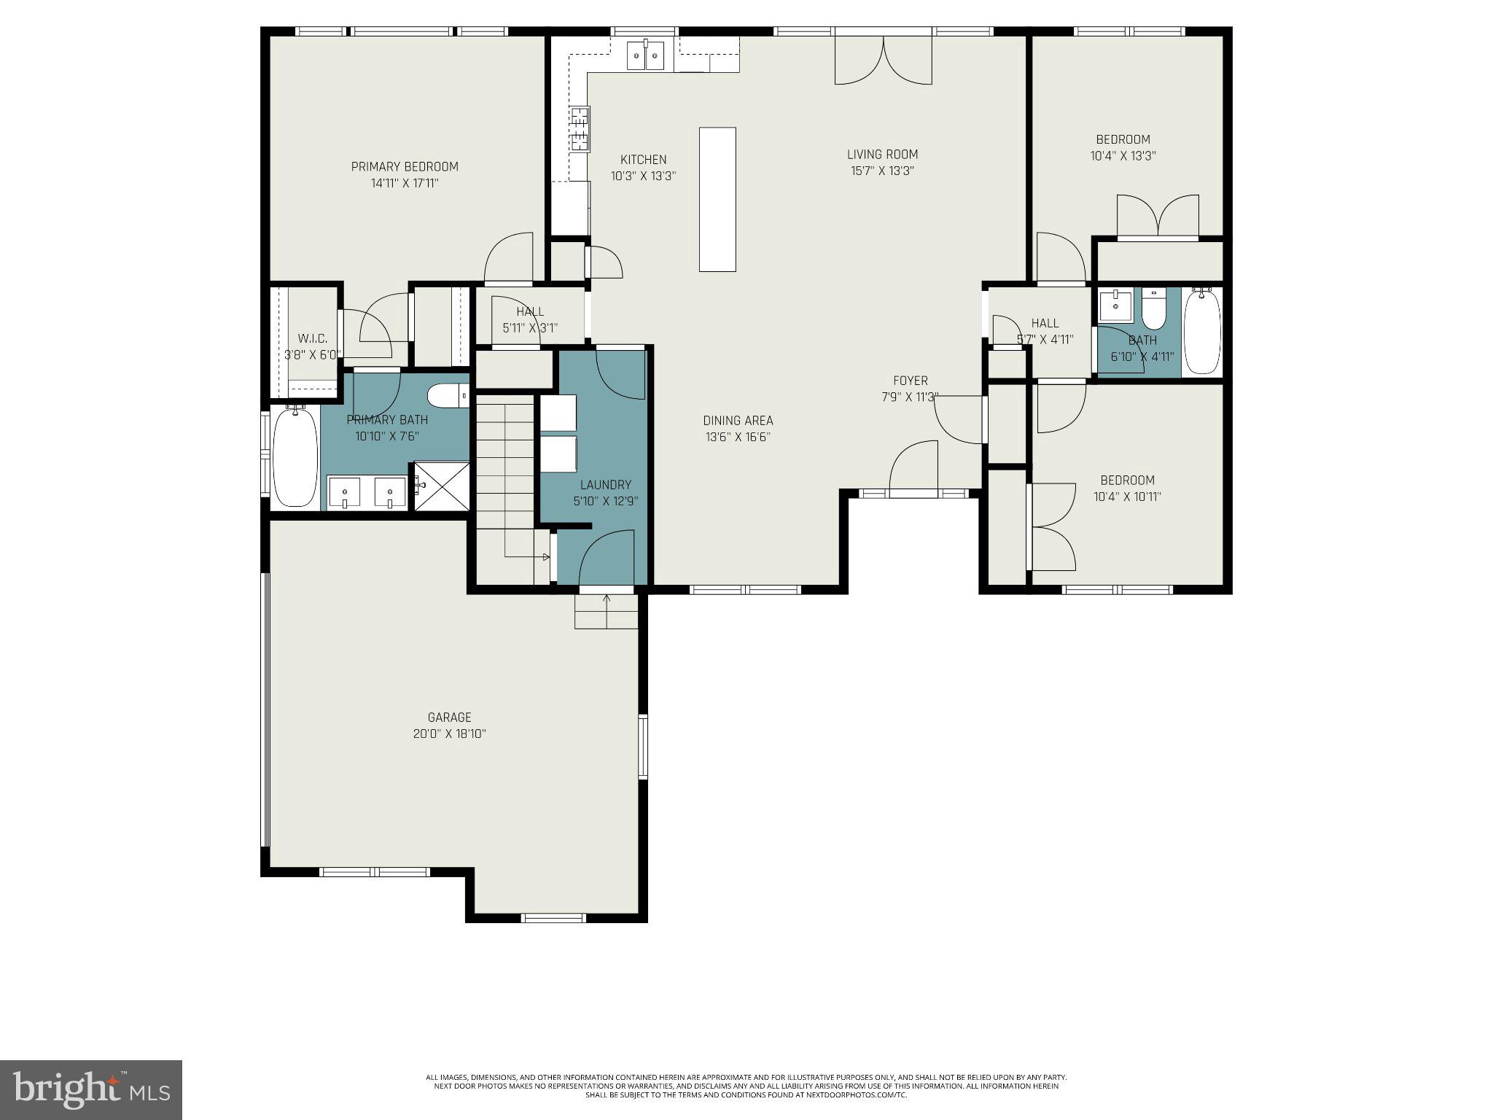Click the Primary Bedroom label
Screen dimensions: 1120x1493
pyautogui.click(x=405, y=167)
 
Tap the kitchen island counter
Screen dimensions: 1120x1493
pyautogui.click(x=717, y=199)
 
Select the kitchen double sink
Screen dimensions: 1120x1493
pyautogui.click(x=646, y=56)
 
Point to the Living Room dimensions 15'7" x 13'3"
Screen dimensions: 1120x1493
pyautogui.click(x=882, y=171)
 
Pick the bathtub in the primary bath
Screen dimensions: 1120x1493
pyautogui.click(x=295, y=457)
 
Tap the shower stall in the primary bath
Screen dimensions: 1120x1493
pyautogui.click(x=442, y=486)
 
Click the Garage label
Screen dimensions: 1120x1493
pyautogui.click(x=449, y=717)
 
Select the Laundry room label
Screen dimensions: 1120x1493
pyautogui.click(x=605, y=485)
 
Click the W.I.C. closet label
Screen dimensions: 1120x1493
pyautogui.click(x=312, y=338)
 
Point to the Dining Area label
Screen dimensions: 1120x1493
pyautogui.click(x=738, y=421)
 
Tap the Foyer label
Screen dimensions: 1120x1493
pyautogui.click(x=910, y=381)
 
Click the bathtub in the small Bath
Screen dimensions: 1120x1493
pyautogui.click(x=1202, y=331)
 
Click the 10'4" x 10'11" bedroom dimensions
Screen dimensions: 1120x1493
pyautogui.click(x=1127, y=497)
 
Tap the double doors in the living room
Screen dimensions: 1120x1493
pyautogui.click(x=883, y=61)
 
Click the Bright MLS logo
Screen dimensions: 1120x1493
pyautogui.click(x=90, y=1089)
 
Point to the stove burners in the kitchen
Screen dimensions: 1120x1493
pyautogui.click(x=580, y=128)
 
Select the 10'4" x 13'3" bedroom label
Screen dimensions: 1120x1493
pyautogui.click(x=1123, y=139)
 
